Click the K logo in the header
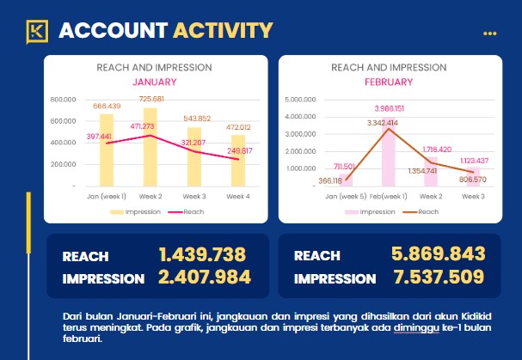pos(37,31)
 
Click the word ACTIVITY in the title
pos(223,31)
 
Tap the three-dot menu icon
pos(490,34)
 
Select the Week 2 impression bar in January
pos(150,146)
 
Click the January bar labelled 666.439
pos(107,150)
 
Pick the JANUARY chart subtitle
pos(154,82)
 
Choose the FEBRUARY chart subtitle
pos(389,82)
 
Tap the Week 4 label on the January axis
pos(239,197)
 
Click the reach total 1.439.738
pos(203,255)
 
